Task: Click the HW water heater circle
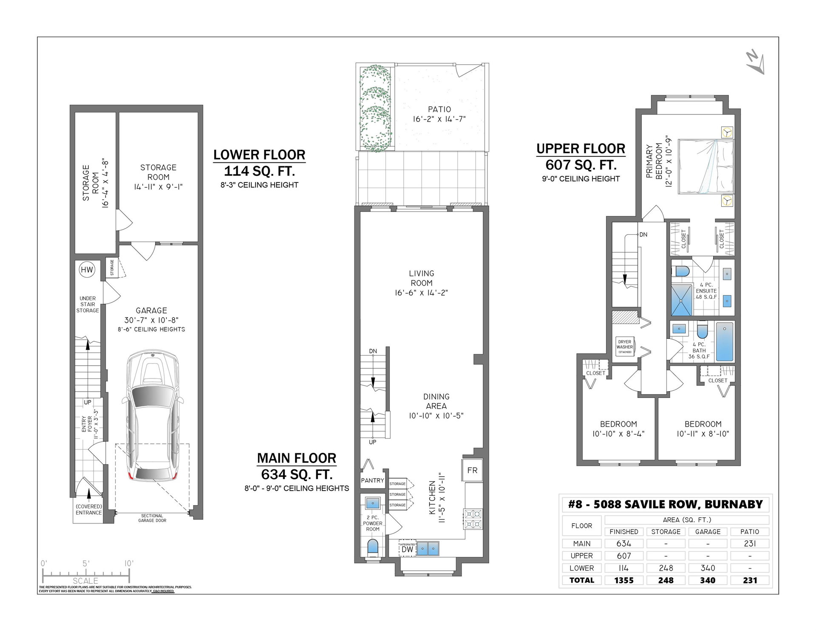click(x=87, y=269)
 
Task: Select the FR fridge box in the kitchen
click(x=472, y=470)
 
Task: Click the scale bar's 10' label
click(x=129, y=563)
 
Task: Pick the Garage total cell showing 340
click(x=708, y=580)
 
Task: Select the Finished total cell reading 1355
click(x=624, y=580)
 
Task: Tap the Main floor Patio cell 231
click(x=750, y=543)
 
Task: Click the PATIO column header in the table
click(x=750, y=532)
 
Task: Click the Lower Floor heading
click(x=259, y=155)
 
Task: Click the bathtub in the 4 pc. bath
click(x=725, y=342)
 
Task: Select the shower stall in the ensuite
click(x=682, y=300)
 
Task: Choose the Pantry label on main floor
click(x=372, y=480)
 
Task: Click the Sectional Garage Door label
click(x=152, y=518)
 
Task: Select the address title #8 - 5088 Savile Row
click(x=666, y=505)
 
